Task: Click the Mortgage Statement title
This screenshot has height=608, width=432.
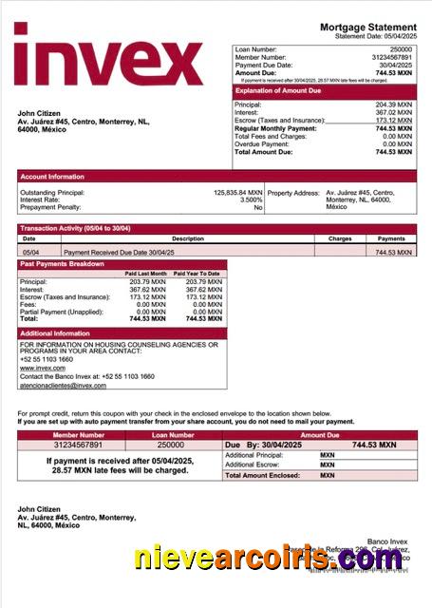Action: click(x=367, y=28)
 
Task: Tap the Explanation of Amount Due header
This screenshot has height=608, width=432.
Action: click(x=281, y=91)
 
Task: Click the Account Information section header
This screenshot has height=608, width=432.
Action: click(x=53, y=177)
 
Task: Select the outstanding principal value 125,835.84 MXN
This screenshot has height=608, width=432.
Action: click(x=237, y=193)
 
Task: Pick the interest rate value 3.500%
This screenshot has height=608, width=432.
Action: click(x=251, y=200)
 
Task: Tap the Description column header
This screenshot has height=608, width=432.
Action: click(x=188, y=239)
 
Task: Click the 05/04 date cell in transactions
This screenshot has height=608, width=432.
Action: click(x=30, y=253)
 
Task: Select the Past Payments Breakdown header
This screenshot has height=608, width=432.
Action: click(x=63, y=264)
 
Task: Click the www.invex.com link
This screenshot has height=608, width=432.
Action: click(x=37, y=367)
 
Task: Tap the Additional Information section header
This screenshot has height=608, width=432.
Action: click(x=55, y=333)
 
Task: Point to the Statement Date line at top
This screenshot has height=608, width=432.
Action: click(x=375, y=36)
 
